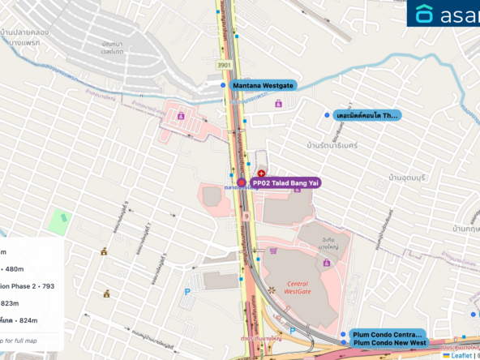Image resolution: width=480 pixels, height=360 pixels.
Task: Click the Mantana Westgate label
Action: click(x=263, y=85)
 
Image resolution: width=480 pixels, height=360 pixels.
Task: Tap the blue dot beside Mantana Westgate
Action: click(x=223, y=84)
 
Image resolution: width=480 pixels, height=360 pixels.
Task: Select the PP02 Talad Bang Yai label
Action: click(x=285, y=183)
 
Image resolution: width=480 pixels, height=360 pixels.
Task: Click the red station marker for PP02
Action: click(x=242, y=183)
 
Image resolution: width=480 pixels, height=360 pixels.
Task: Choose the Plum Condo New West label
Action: click(x=389, y=343)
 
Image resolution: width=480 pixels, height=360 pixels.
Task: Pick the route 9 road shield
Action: click(x=244, y=217)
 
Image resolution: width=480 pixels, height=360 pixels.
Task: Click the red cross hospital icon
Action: click(x=261, y=174)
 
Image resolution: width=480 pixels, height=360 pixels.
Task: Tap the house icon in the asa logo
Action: click(x=425, y=14)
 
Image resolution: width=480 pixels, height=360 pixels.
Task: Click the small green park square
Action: click(x=58, y=220)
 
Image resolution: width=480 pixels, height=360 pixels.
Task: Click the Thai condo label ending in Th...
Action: click(x=367, y=116)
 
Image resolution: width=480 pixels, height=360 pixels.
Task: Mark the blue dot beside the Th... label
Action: click(x=327, y=116)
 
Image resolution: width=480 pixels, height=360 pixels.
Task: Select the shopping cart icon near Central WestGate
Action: click(x=272, y=251)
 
